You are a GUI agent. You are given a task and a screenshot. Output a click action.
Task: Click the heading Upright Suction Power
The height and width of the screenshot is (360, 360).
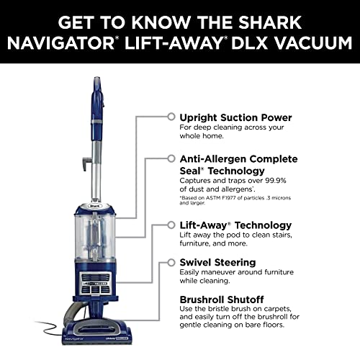point(235,117)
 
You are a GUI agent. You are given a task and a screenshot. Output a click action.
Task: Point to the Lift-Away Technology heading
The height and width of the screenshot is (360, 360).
point(235,225)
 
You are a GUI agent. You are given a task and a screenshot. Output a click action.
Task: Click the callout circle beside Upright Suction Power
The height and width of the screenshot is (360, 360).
point(171,116)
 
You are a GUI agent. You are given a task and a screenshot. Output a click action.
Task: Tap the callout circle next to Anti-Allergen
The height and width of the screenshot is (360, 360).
point(171,157)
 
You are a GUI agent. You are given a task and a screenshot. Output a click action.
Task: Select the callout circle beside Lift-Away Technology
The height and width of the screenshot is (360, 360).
point(171,225)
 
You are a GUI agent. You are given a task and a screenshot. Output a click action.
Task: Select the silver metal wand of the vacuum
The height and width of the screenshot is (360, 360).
point(92,166)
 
